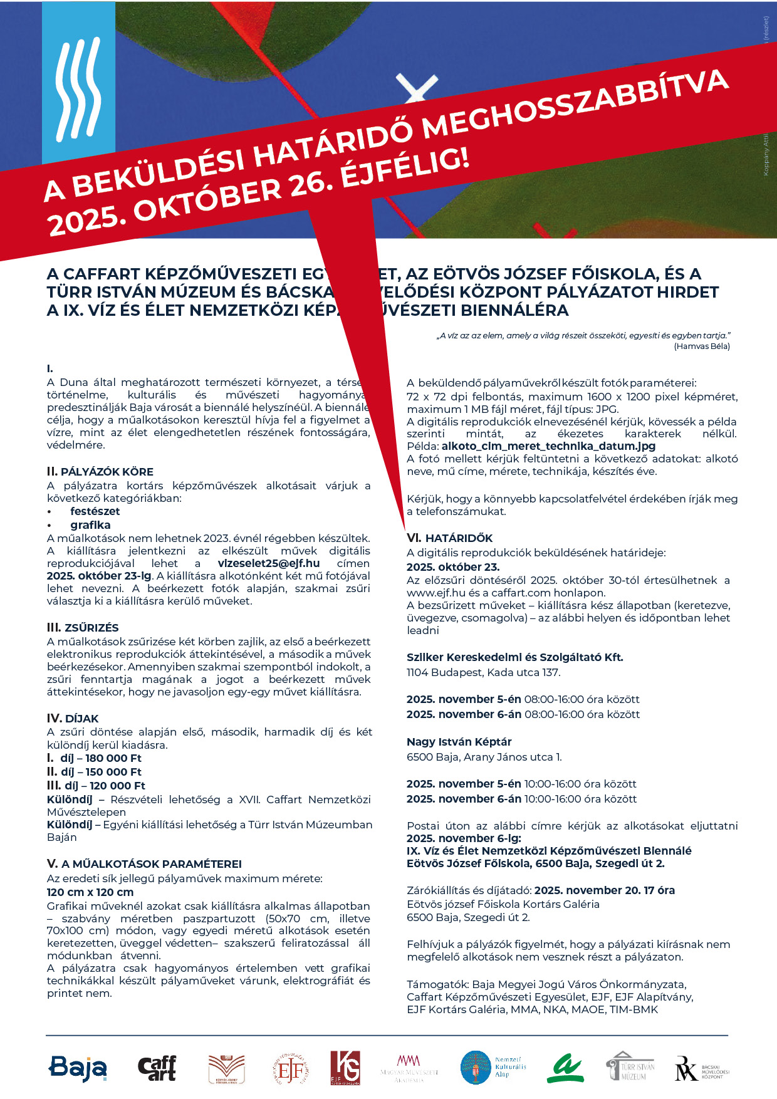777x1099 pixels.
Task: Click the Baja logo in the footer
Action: tap(78, 1068)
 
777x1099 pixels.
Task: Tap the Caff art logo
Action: tap(157, 1068)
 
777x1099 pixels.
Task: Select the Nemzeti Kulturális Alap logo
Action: tap(493, 1067)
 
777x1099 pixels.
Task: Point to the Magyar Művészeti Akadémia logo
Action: tap(409, 1067)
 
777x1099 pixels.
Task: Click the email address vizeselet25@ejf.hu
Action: tap(269, 563)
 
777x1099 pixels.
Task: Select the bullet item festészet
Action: tap(95, 511)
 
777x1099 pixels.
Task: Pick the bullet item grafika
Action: tap(90, 525)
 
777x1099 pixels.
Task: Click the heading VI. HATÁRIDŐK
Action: tap(449, 538)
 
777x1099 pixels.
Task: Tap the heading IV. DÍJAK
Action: tap(73, 718)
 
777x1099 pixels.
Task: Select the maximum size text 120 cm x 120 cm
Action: tap(90, 892)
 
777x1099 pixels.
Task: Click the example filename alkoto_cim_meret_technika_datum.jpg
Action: tap(548, 446)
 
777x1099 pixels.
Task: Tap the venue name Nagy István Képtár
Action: tap(459, 742)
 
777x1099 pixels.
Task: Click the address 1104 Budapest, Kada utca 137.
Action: tap(483, 672)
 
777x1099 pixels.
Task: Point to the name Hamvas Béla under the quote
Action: tap(702, 346)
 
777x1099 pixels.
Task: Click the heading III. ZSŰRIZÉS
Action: tap(83, 628)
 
